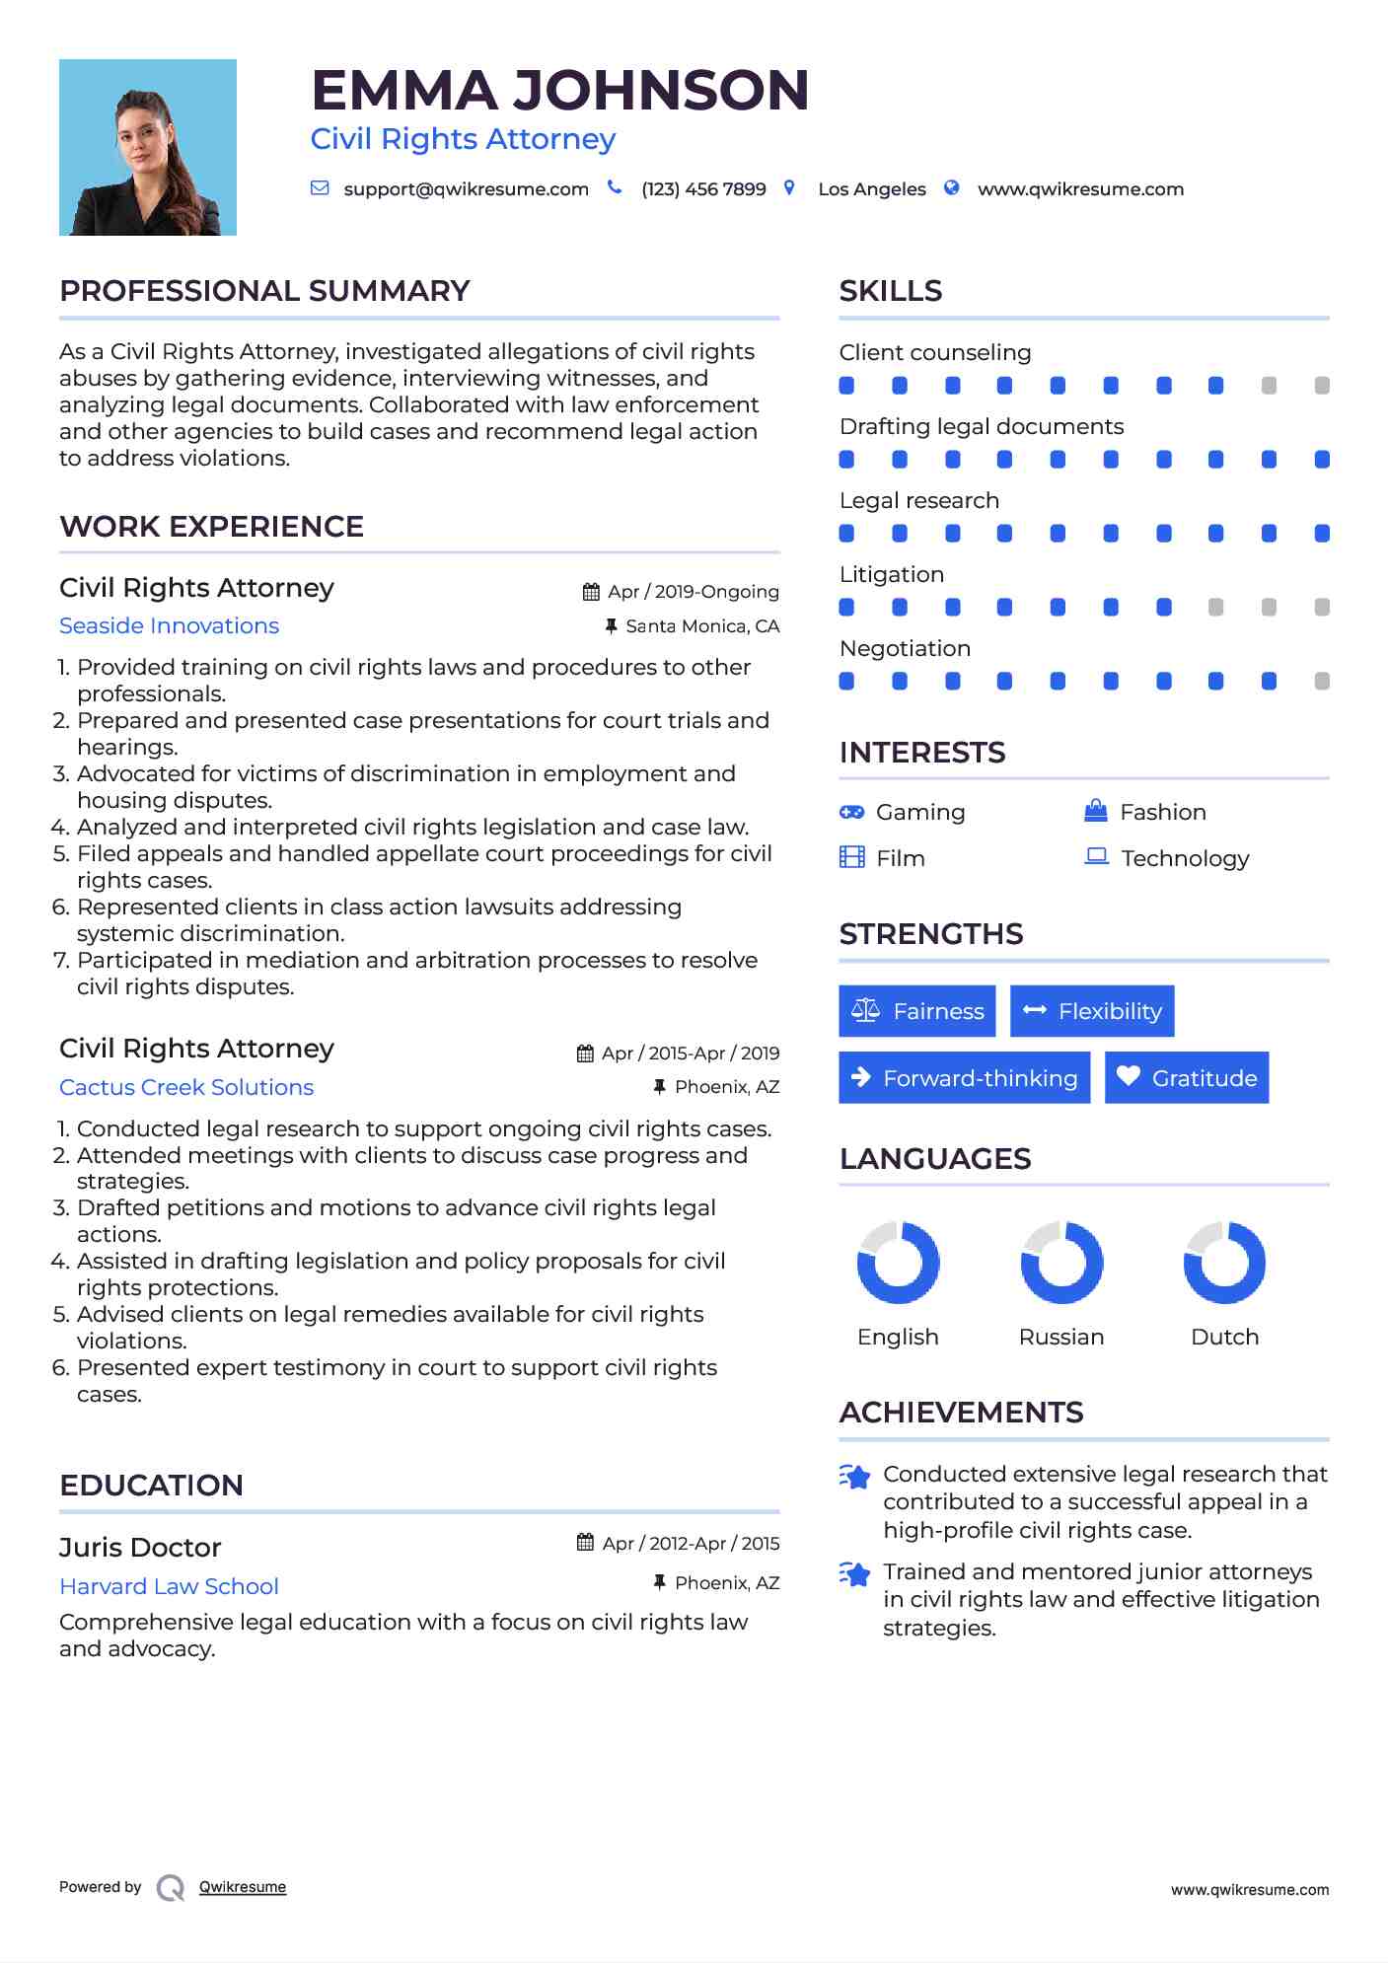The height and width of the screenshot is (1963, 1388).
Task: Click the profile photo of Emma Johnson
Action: point(148,147)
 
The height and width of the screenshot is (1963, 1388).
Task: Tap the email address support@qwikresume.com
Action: point(466,189)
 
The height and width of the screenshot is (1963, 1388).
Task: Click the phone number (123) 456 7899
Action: point(703,189)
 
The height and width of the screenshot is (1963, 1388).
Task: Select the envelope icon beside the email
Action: point(320,188)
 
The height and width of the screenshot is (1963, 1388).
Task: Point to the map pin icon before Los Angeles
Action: point(789,187)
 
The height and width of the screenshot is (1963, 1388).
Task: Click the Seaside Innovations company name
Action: point(169,626)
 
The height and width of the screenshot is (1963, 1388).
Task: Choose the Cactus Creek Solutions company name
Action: point(186,1087)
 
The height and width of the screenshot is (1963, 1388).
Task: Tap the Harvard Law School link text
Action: point(169,1586)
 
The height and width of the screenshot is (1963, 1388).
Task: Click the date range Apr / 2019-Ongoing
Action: point(693,592)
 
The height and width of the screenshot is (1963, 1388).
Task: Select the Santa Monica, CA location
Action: point(701,626)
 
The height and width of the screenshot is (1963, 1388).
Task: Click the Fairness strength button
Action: point(916,1011)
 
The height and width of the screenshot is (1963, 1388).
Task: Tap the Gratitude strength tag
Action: point(1186,1078)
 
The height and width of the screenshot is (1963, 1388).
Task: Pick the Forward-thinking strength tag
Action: point(964,1078)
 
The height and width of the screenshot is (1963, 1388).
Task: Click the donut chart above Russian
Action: point(1061,1263)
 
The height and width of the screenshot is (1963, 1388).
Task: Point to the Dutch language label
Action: point(1224,1338)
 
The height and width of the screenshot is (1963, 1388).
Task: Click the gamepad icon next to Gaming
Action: point(851,812)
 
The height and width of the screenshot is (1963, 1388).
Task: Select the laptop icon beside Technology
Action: point(1096,856)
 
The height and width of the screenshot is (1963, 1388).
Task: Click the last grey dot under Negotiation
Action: point(1322,681)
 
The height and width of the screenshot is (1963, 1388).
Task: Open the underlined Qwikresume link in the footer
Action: point(243,1887)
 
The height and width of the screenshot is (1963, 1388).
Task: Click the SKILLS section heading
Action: point(891,291)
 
